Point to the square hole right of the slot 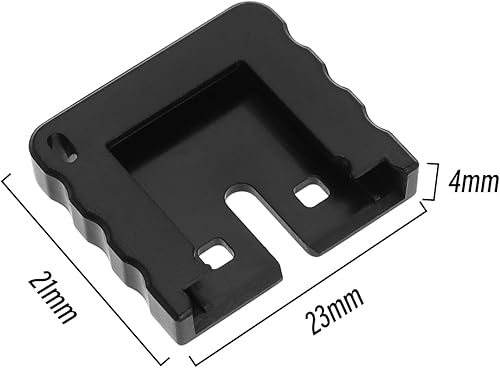pos(312,193)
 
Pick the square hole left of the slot pos(213,255)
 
